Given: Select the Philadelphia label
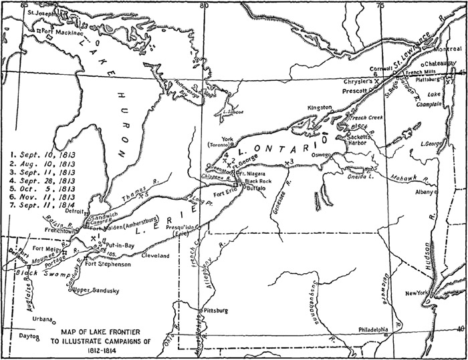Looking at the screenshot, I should click(364, 329).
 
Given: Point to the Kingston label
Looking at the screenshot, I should click(320, 108).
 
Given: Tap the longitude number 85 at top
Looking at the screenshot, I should click(25, 5).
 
